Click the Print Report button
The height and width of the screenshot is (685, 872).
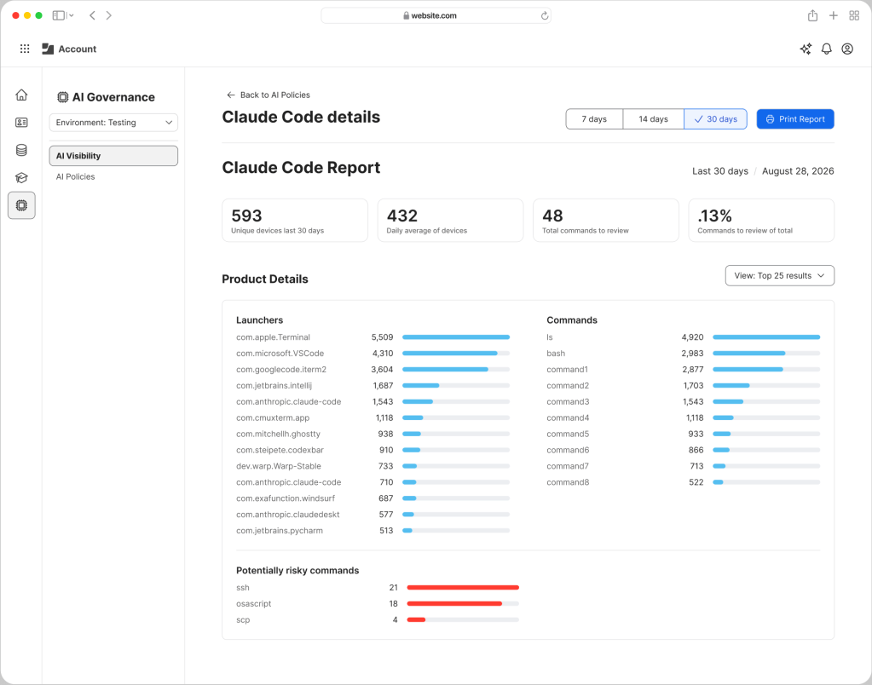click(x=795, y=119)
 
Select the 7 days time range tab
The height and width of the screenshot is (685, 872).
click(x=594, y=119)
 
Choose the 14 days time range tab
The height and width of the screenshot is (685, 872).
click(x=654, y=119)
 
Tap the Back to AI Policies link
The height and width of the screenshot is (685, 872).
click(x=269, y=95)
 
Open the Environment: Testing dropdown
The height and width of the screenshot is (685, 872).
click(x=113, y=123)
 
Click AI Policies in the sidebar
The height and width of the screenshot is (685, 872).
click(x=76, y=177)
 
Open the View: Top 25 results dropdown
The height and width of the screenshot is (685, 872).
click(x=780, y=276)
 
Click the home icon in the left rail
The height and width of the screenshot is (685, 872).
click(x=21, y=95)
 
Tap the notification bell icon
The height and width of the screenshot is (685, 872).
click(x=827, y=49)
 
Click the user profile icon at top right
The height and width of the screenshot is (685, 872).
click(x=847, y=49)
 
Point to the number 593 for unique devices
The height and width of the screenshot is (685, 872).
click(x=246, y=216)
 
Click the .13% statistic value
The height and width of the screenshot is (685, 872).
click(x=714, y=216)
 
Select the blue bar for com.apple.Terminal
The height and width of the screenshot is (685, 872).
click(x=456, y=337)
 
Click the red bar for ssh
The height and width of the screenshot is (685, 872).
click(x=463, y=587)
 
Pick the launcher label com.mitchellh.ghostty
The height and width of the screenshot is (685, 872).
click(x=278, y=434)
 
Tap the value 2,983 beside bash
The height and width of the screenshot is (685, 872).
click(x=692, y=353)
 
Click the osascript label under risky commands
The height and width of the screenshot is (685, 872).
click(x=254, y=603)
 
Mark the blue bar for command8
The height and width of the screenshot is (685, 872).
click(x=718, y=482)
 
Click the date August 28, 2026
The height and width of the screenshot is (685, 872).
click(x=798, y=171)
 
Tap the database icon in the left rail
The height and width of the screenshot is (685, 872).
click(x=21, y=150)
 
